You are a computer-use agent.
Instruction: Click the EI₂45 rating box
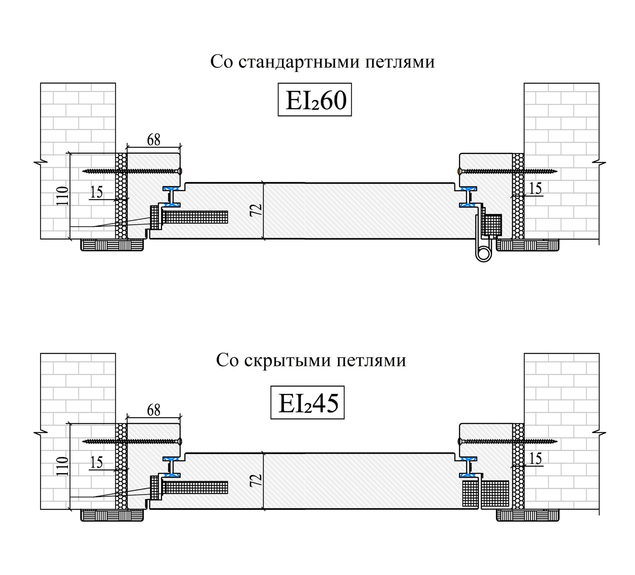[x=307, y=402]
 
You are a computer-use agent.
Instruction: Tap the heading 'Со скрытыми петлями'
[x=311, y=360]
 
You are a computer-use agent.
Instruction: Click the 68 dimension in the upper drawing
[x=154, y=139]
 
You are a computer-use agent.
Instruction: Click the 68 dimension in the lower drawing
[x=154, y=410]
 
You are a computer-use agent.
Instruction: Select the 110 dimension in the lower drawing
[x=62, y=466]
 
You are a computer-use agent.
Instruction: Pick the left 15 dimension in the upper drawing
[x=96, y=192]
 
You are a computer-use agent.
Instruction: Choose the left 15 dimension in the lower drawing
[x=96, y=462]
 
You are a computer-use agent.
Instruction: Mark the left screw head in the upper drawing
[x=179, y=171]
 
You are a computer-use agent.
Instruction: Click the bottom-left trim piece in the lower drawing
[x=112, y=515]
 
